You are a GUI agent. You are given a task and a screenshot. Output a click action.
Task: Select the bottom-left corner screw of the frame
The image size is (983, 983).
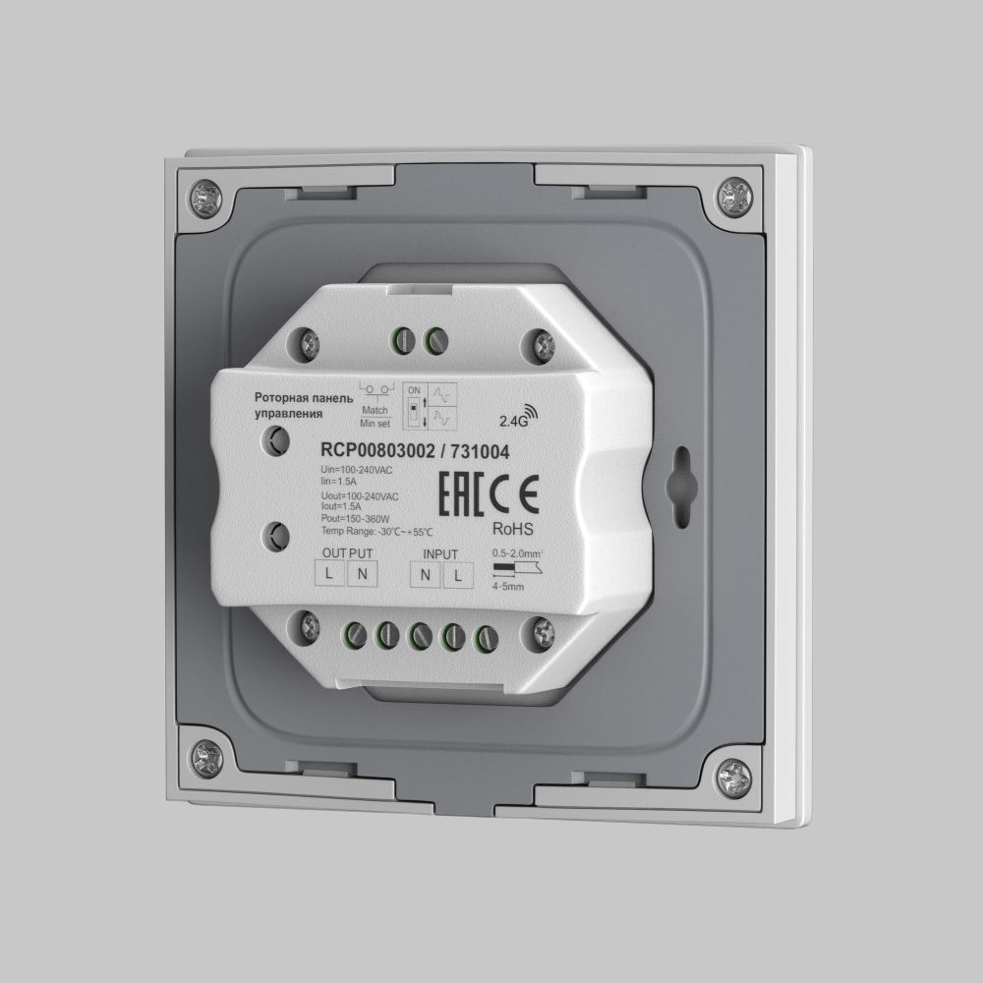coord(205,756)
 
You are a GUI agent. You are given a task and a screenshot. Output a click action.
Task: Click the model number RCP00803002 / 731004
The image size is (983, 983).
coord(415,451)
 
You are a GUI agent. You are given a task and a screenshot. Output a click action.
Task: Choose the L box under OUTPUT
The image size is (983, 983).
coord(329,573)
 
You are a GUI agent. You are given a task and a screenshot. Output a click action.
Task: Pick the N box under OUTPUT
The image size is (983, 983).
coord(361,574)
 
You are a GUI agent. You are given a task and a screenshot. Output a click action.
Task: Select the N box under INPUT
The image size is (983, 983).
coord(424,575)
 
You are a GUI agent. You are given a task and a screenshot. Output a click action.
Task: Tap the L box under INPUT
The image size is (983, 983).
coord(455,575)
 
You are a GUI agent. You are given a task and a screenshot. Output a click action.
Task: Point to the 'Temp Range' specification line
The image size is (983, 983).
coord(376,532)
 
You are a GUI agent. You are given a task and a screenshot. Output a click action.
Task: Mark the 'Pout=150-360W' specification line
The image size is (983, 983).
coord(356,519)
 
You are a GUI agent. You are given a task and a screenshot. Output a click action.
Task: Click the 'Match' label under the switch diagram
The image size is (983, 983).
coord(375,409)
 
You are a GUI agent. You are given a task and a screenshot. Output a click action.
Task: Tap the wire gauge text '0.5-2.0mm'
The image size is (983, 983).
coord(517,553)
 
